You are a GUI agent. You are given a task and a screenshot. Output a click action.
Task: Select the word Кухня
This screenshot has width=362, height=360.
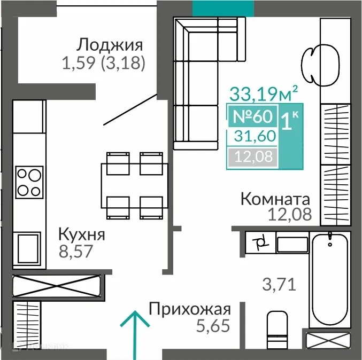81,234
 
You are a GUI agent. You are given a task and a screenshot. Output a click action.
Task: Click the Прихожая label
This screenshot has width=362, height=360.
190,309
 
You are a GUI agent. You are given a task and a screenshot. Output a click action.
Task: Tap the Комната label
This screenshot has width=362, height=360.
275,200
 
